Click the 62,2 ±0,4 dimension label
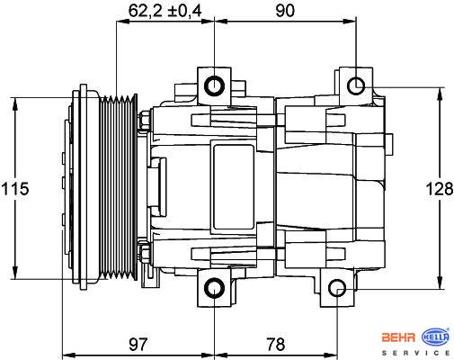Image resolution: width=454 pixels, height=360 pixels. (165, 11)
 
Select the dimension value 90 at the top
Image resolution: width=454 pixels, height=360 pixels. (285, 11)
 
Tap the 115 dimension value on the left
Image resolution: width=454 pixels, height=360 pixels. (15, 189)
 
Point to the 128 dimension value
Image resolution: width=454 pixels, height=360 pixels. (440, 189)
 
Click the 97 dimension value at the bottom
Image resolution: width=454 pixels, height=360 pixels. (138, 344)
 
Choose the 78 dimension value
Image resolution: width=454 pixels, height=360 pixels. (276, 344)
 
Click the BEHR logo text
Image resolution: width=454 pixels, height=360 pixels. (398, 337)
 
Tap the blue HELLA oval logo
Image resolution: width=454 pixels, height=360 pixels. (435, 337)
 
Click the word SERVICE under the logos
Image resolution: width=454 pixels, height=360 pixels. (415, 353)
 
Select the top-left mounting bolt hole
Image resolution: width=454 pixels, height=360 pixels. (214, 86)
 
